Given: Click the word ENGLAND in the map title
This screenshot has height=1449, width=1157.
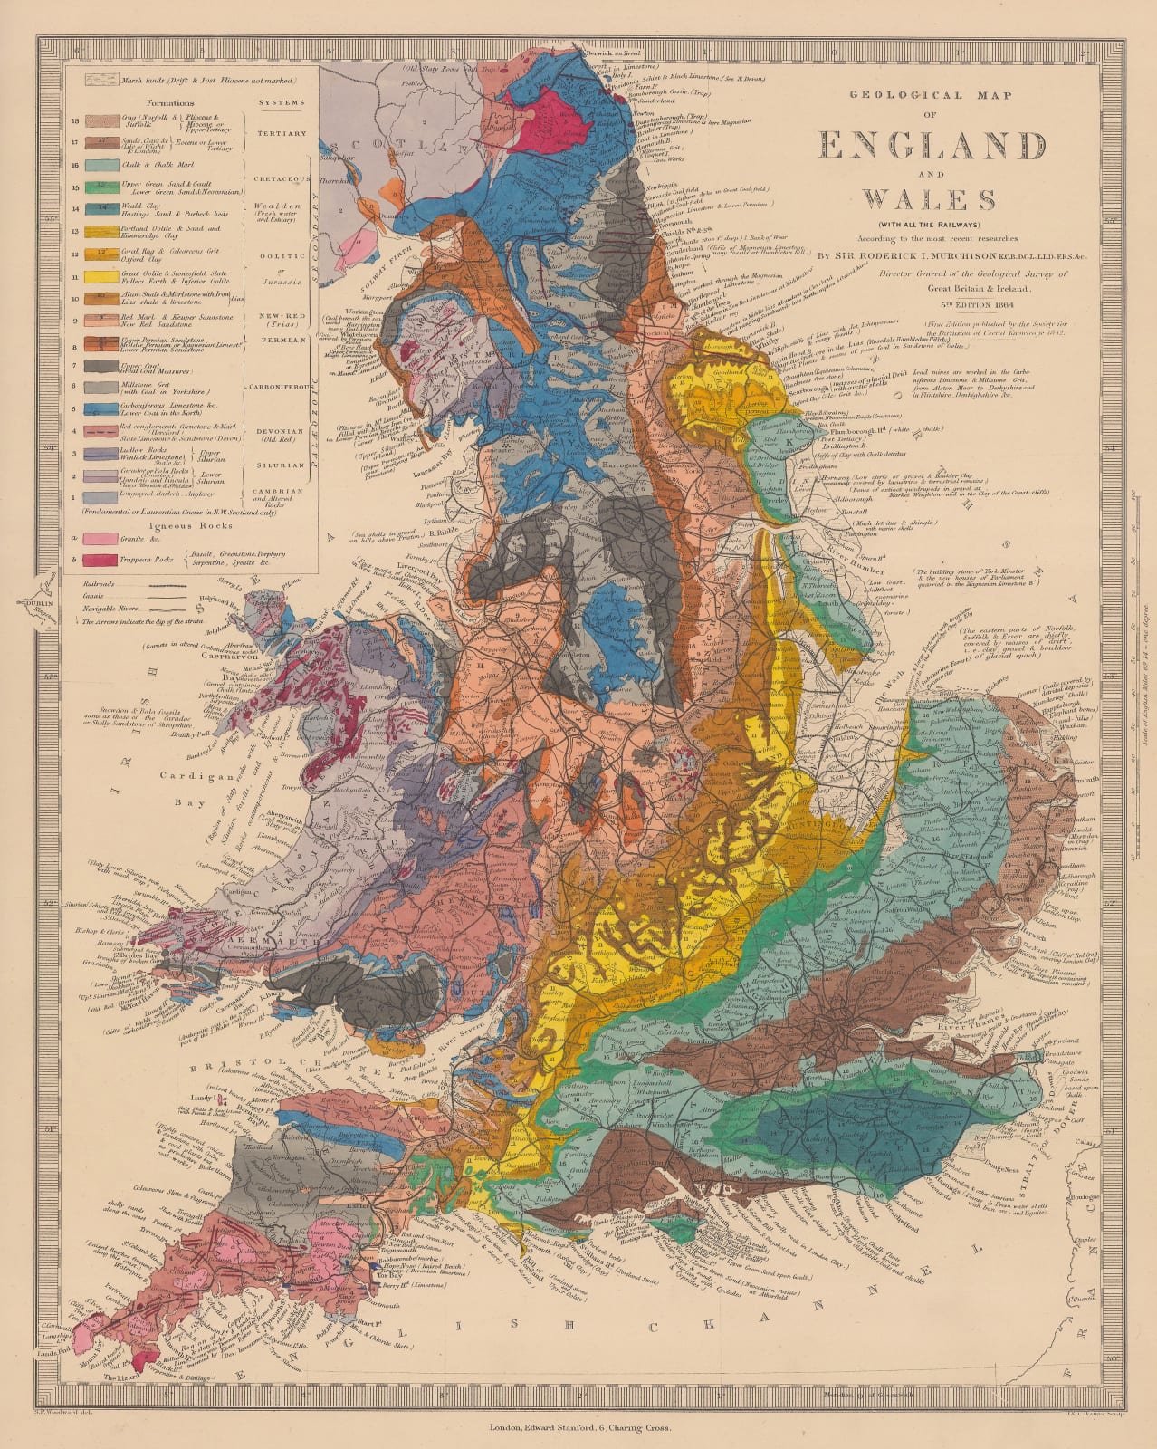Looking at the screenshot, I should pyautogui.click(x=932, y=146).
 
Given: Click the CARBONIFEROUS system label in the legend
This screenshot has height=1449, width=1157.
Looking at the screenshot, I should pyautogui.click(x=279, y=383).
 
